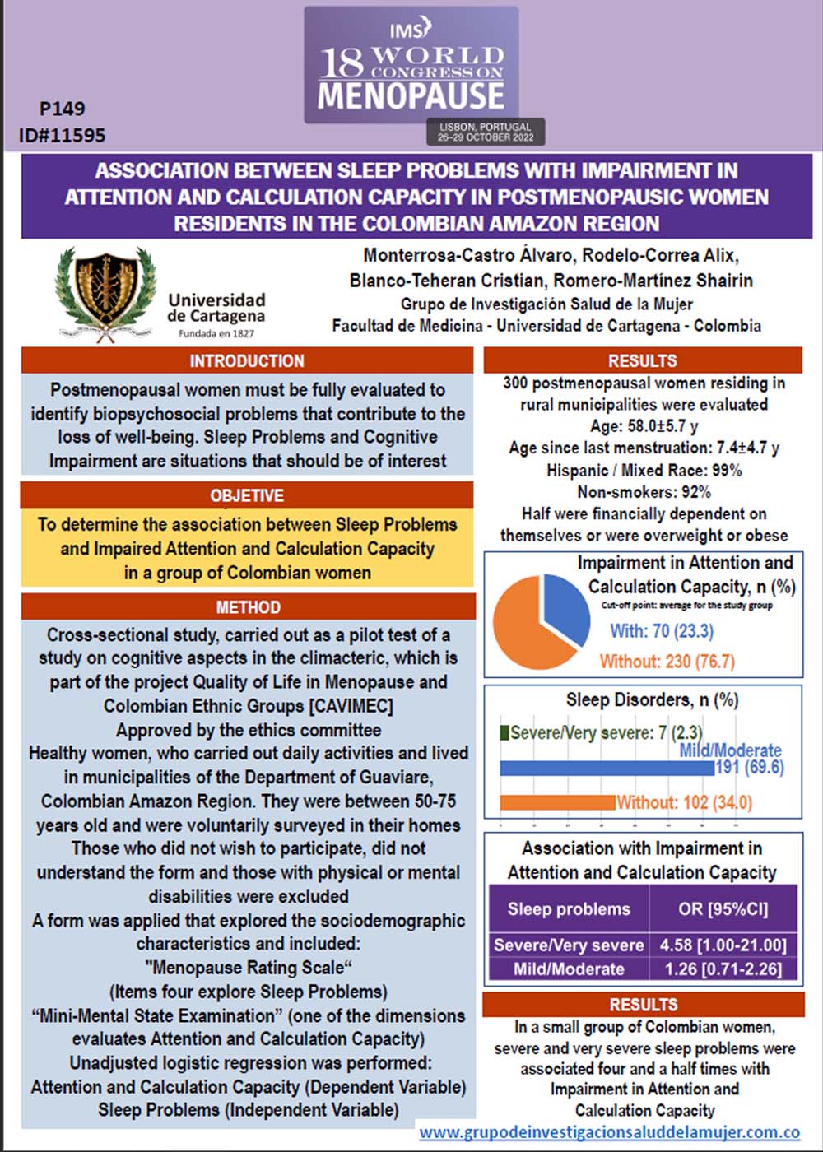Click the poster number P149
coord(62,109)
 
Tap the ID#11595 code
coord(62,134)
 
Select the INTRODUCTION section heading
coord(247,360)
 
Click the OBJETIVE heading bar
coord(247,495)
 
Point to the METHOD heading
coord(248,607)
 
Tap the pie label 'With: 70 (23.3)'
coord(662,631)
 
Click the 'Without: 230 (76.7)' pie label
coord(667,662)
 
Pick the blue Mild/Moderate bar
coord(607,769)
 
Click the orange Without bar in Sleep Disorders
coord(557,802)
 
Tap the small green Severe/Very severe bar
coord(504,732)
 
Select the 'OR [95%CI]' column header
coord(723,909)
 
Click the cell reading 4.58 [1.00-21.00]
coord(723,945)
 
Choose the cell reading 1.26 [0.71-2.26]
coord(723,969)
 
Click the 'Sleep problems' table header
coord(569,909)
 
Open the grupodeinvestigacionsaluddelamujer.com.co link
coord(609,1132)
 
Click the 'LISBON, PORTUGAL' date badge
coord(486,132)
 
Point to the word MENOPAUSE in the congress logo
coord(411,96)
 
